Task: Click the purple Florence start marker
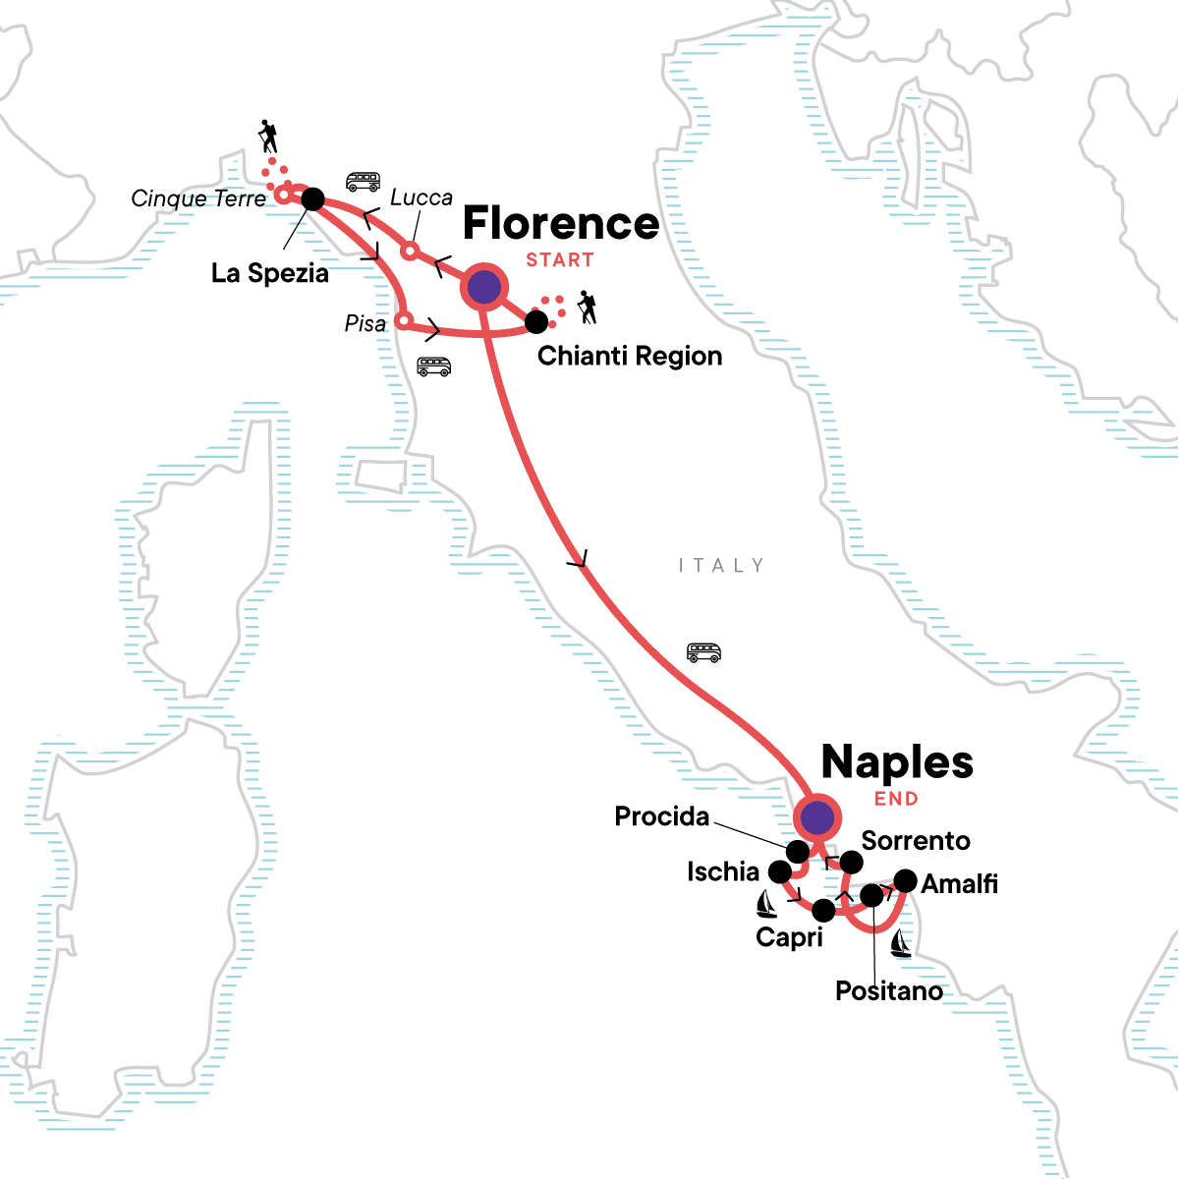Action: (483, 288)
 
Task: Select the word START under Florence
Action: (560, 260)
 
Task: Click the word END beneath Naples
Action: (896, 799)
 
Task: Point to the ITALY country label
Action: (721, 566)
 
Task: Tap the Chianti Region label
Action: (630, 356)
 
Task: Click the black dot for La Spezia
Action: (312, 199)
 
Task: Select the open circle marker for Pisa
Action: (402, 320)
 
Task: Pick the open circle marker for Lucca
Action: (410, 251)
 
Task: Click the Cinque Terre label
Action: (198, 198)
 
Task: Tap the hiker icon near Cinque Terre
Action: (267, 136)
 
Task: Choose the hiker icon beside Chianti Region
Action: (588, 308)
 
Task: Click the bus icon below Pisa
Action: (433, 366)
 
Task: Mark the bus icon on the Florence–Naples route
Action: (703, 652)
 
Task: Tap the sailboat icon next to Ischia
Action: (766, 904)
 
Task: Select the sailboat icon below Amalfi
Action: (900, 944)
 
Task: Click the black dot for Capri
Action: (823, 911)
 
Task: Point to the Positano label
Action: (888, 990)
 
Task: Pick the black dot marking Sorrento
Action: (851, 863)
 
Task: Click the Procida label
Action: (661, 816)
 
